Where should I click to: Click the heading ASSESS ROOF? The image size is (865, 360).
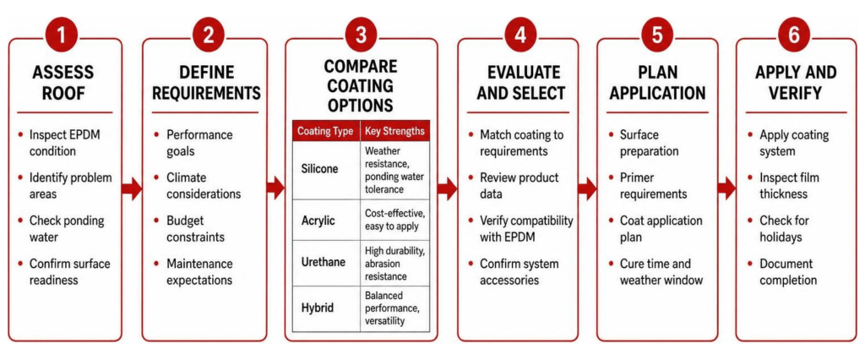(x=63, y=82)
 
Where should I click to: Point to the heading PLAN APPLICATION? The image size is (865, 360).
(x=657, y=82)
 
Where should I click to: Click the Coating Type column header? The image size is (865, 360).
(x=325, y=132)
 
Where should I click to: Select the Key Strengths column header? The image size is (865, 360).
(x=394, y=132)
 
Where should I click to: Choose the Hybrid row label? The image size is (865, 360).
(x=318, y=308)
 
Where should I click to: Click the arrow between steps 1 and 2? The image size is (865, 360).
(x=132, y=189)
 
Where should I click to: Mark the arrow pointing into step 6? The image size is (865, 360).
(x=726, y=189)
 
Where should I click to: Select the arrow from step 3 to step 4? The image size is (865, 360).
(x=447, y=189)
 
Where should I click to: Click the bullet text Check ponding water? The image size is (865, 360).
(x=67, y=228)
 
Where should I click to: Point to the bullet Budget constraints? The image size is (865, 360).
(x=195, y=228)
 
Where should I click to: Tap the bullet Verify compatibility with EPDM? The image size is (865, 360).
(x=526, y=228)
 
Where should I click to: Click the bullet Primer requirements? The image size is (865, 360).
(x=653, y=186)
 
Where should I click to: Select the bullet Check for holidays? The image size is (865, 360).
(x=784, y=228)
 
